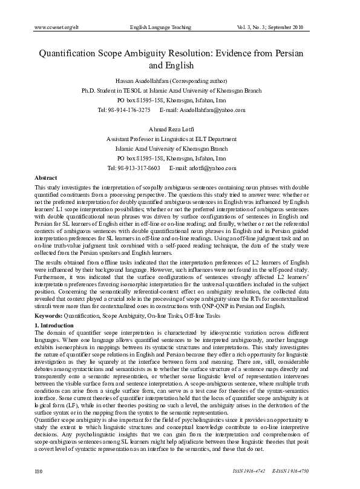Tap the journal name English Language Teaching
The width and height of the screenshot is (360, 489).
coord(160,27)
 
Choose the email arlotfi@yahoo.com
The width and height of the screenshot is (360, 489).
coord(212,168)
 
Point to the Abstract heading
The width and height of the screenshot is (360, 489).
coord(46,178)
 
